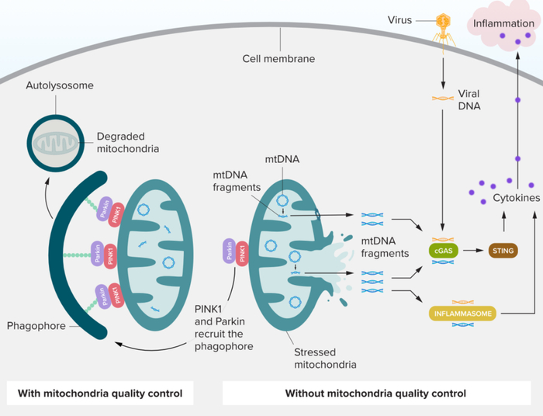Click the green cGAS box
[x=443, y=251]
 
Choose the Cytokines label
[x=516, y=199]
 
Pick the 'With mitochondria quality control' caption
[x=100, y=393]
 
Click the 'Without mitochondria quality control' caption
[x=375, y=393]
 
